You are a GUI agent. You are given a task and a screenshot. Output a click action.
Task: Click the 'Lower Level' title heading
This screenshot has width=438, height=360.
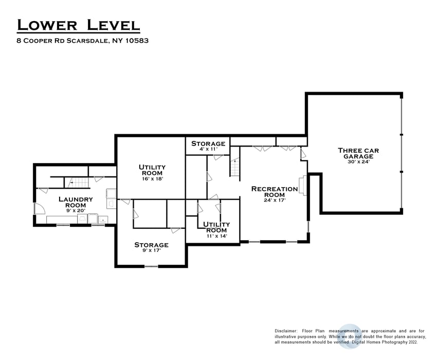78,24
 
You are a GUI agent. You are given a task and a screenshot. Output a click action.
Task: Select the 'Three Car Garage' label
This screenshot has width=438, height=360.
355,153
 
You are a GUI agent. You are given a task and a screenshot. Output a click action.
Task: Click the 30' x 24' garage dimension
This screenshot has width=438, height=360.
355,161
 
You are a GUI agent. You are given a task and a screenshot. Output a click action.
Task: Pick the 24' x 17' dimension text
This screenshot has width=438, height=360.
274,201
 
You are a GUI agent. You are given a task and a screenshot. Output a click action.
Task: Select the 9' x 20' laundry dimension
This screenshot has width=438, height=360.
76,210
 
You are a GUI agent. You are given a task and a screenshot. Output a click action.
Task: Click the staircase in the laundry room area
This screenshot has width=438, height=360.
74,181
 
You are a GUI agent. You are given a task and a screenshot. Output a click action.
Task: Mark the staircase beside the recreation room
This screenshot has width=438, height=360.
235,168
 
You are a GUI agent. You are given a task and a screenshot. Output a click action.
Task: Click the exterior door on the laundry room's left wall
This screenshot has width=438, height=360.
36,208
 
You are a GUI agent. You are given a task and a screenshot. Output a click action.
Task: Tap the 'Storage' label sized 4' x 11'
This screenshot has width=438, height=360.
208,143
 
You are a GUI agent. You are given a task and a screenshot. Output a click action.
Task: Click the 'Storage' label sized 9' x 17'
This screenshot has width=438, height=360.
151,245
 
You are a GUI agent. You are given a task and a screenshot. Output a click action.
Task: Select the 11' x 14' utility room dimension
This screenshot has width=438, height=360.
216,237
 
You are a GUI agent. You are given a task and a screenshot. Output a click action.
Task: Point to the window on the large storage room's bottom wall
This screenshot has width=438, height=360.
151,266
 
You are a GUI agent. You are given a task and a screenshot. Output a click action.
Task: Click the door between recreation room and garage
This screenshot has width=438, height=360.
303,154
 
